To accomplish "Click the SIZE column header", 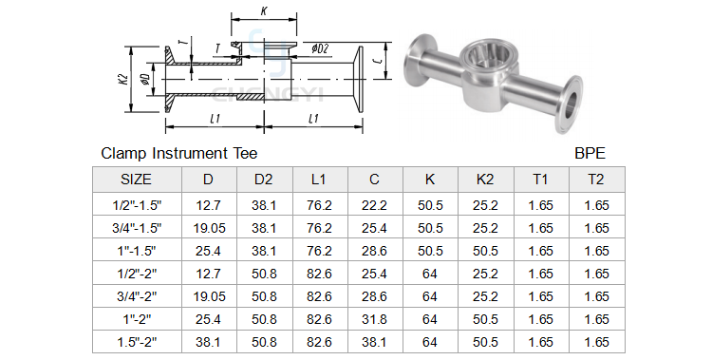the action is pos(136,180).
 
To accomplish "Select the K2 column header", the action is pos(484,180).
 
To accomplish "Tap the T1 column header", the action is pos(540,180).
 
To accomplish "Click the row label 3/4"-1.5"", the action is pos(137,228).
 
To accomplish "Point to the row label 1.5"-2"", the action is pos(137,342).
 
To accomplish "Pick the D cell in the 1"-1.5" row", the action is pos(209,251).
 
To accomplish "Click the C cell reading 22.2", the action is pos(374,205).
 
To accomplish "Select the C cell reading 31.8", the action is pos(374,319).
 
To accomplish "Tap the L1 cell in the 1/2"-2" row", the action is pos(319,274).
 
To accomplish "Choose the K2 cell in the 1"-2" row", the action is pos(485,319).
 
